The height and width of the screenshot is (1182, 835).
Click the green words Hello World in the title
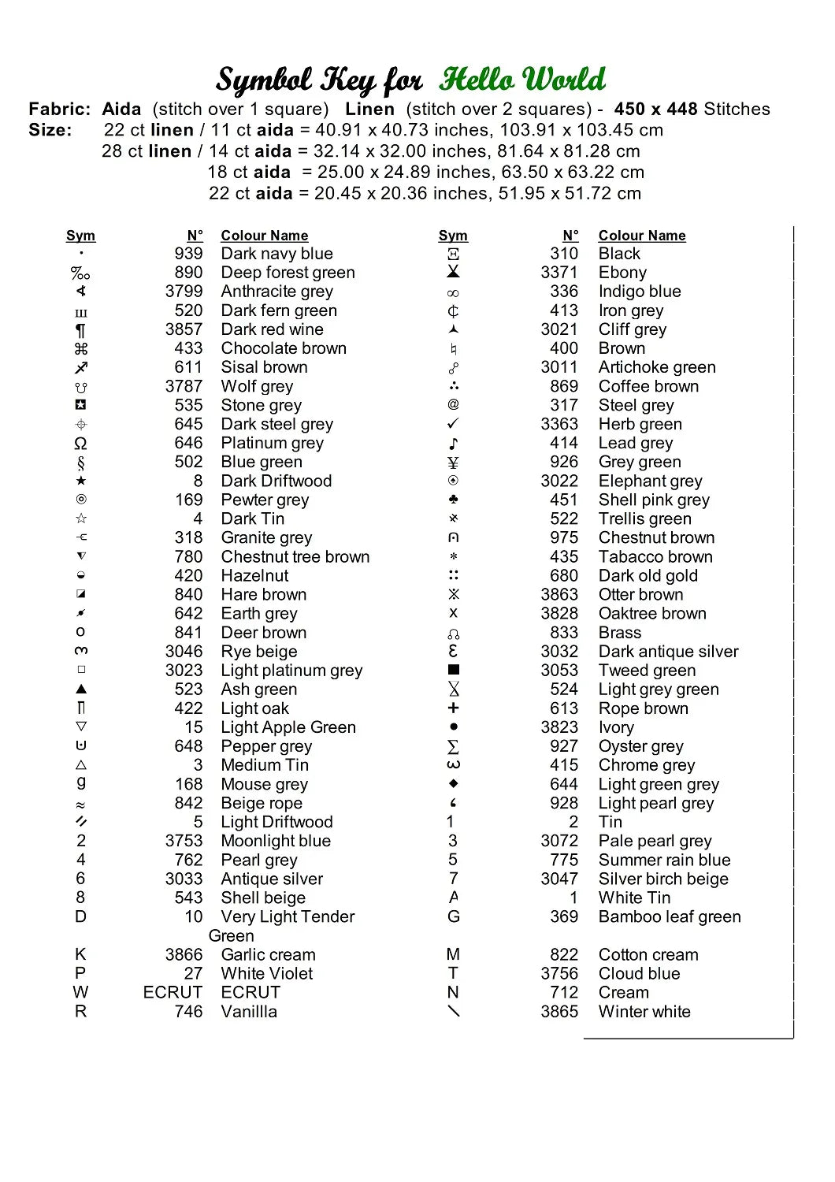[522, 80]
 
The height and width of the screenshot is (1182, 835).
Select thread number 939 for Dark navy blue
[188, 254]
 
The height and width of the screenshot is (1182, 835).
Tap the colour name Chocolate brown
[284, 348]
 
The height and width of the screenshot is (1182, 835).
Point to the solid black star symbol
[81, 481]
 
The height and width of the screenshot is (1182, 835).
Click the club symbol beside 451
[453, 500]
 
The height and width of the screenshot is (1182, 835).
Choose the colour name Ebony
[622, 273]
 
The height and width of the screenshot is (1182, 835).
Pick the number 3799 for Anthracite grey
[184, 292]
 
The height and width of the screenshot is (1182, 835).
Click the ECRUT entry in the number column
[173, 992]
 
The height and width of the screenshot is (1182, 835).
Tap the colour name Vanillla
[249, 1011]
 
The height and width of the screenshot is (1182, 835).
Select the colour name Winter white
[644, 1011]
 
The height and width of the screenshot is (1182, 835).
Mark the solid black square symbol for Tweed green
[453, 670]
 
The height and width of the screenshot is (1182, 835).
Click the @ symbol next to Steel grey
[453, 404]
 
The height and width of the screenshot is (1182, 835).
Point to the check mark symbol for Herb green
[453, 424]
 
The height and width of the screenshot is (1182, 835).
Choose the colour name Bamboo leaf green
[670, 916]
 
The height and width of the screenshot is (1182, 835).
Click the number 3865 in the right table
[559, 1011]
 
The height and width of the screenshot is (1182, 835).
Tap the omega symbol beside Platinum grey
[80, 443]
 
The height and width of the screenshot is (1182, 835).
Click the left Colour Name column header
[264, 236]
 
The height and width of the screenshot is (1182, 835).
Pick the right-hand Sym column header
[453, 236]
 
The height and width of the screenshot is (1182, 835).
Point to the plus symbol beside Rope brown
[453, 708]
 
